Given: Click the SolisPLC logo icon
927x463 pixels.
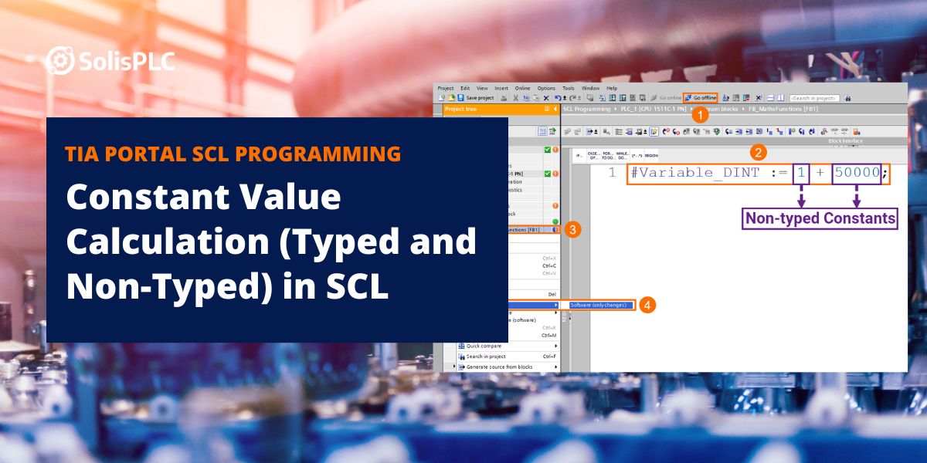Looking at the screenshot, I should click(x=60, y=60).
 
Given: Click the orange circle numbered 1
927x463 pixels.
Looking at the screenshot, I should click(x=699, y=116).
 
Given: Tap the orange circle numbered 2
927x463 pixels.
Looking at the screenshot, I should click(x=759, y=152).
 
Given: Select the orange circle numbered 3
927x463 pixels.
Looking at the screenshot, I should click(x=573, y=229).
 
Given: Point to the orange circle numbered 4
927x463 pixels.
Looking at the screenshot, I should click(x=648, y=305).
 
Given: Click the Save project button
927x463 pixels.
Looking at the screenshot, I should click(x=476, y=98).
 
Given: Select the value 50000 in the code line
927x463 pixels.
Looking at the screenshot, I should click(x=856, y=173).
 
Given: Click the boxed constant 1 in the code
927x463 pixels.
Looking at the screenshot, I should click(x=802, y=173).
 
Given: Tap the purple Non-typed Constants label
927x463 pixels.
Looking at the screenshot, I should click(x=820, y=218).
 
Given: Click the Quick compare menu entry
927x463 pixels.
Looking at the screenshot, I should click(x=487, y=346).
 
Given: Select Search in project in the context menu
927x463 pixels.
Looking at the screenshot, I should click(x=486, y=357).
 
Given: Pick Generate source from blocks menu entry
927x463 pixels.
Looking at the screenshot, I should click(x=499, y=367).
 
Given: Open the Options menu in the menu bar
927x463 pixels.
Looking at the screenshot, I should click(x=546, y=88).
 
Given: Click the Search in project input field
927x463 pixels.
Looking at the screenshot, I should click(x=813, y=98).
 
